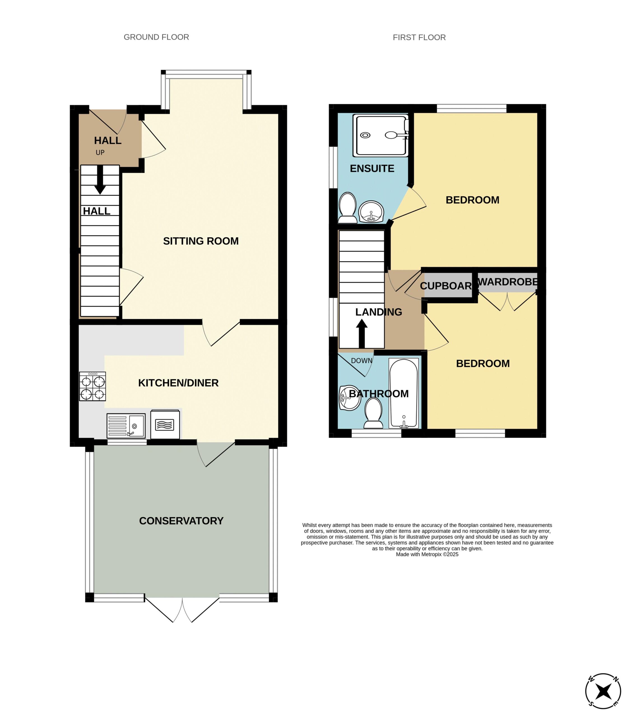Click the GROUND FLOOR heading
coord(156,37)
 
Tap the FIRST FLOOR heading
coord(419,38)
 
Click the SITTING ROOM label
coord(201,241)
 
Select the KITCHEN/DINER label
coord(178,383)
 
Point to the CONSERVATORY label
coord(181,521)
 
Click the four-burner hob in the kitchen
coord(92,386)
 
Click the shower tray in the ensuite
coord(381,135)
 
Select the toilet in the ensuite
coord(347,208)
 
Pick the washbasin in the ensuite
coord(371,211)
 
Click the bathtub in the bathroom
coord(404,393)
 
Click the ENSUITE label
coord(372,169)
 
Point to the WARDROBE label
coord(508,282)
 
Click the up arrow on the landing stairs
coord(362,333)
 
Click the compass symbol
coord(603,691)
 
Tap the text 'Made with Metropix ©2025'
coord(427,554)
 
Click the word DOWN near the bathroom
coord(361,361)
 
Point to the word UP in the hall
coord(100,153)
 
